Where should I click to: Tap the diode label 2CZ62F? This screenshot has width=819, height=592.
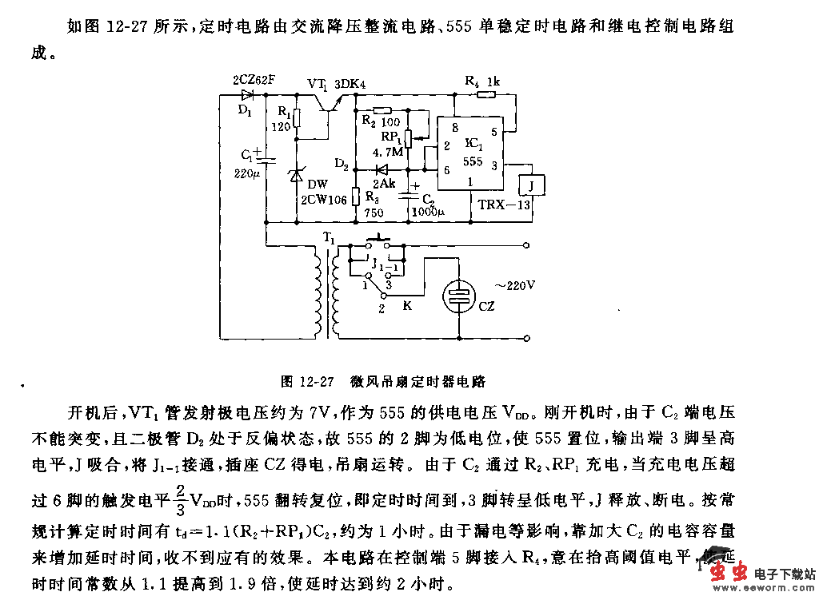[x=254, y=80]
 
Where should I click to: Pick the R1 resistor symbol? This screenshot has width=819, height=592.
[x=298, y=118]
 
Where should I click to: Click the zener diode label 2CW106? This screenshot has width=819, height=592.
[x=323, y=200]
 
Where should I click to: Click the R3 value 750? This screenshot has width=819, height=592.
[x=374, y=213]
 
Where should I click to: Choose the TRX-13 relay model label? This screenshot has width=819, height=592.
[x=504, y=205]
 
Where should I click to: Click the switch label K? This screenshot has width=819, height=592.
[x=407, y=305]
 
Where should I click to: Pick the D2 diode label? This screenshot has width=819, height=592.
[x=341, y=165]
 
